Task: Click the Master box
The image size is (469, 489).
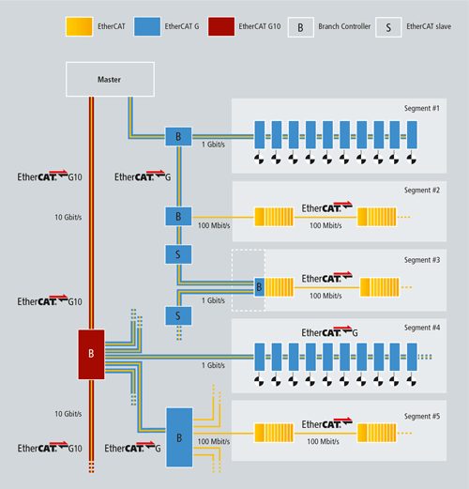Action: pos(109,79)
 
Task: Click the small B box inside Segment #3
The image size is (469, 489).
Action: pos(259,286)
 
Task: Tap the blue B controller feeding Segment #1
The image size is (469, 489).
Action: pos(178,136)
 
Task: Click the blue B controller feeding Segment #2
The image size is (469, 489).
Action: pos(178,216)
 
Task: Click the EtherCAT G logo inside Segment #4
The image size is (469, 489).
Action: pos(329,333)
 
